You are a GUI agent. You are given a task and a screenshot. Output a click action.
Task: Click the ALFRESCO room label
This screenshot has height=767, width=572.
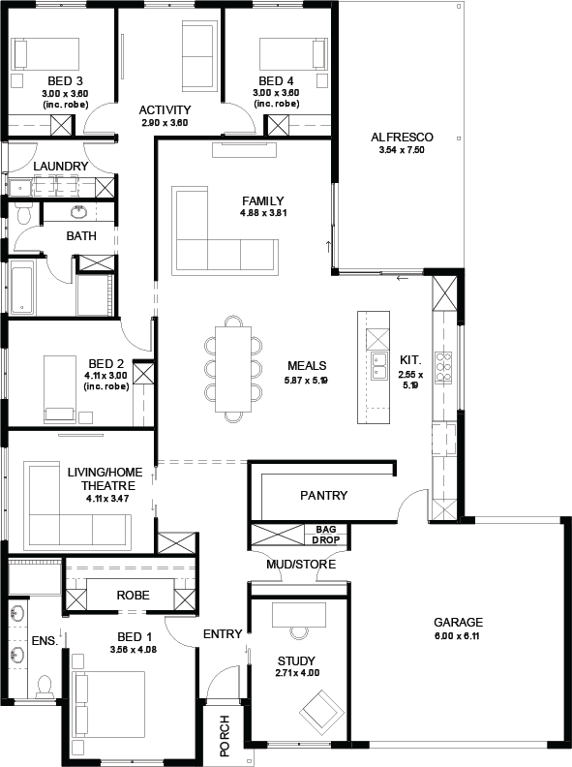click(x=402, y=137)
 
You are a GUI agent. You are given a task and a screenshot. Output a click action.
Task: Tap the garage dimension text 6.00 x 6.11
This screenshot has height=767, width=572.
click(x=458, y=636)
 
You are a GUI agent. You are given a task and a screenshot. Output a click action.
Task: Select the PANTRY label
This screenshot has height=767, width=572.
click(x=323, y=495)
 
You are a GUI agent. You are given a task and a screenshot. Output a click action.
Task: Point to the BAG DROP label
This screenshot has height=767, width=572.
click(x=326, y=535)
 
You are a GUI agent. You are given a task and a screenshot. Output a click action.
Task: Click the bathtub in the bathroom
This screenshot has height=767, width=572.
click(x=21, y=287)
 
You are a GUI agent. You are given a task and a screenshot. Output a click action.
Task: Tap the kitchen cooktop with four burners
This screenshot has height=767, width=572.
click(x=443, y=367)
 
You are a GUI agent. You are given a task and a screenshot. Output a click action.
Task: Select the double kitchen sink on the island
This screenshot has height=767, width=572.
click(x=378, y=365)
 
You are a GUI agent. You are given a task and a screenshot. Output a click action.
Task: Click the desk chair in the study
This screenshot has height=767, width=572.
click(x=299, y=633)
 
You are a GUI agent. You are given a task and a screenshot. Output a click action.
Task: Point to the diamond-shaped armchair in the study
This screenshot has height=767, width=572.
click(x=321, y=710)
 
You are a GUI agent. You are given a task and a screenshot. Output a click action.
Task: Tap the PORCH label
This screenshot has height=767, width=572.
click(x=225, y=735)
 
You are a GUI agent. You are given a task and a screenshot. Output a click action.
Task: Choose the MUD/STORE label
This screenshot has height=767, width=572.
click(x=301, y=565)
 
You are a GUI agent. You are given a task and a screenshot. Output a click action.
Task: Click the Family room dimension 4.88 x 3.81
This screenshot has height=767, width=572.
click(x=263, y=213)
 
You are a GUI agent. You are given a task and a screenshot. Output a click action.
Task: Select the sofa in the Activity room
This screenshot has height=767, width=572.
click(x=198, y=55)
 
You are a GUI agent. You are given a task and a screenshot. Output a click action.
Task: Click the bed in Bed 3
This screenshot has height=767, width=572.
click(x=45, y=54)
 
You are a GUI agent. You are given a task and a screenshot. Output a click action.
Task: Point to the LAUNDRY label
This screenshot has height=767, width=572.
click(x=61, y=167)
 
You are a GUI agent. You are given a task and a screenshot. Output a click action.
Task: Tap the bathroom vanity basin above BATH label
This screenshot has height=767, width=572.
click(x=78, y=212)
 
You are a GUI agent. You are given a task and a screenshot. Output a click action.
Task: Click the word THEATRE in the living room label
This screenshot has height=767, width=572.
click(x=108, y=486)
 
